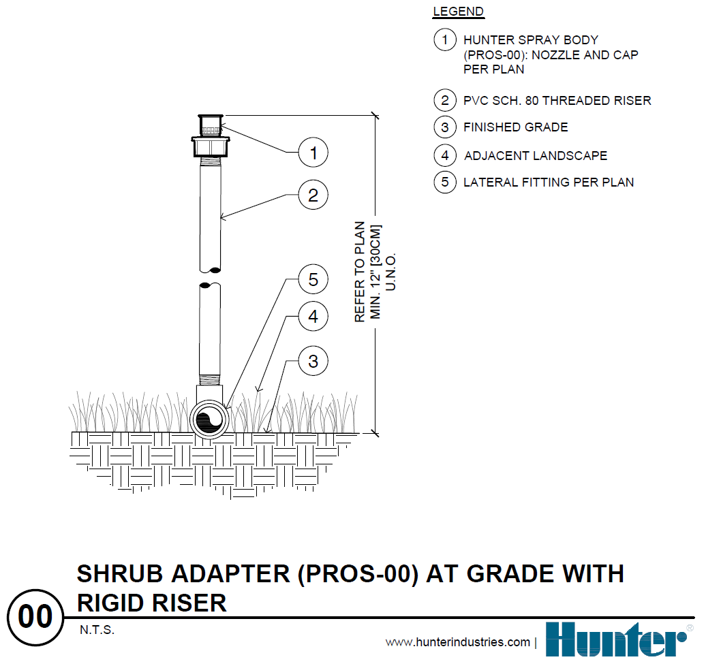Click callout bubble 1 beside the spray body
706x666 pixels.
click(x=313, y=153)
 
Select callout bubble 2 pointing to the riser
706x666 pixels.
click(x=313, y=196)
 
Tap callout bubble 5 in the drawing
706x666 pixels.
click(x=313, y=279)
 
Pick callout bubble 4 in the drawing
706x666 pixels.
click(x=313, y=317)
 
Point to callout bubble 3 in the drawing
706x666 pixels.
click(x=313, y=360)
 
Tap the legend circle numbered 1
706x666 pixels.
click(x=445, y=40)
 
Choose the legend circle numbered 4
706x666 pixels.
click(x=445, y=155)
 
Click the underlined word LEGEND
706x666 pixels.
click(x=458, y=12)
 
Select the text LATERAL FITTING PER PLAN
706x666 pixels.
click(x=549, y=183)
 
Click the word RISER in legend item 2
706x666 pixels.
click(x=631, y=101)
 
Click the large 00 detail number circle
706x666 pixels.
click(x=35, y=617)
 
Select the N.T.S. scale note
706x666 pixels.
click(x=97, y=630)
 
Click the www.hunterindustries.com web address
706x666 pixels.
click(x=457, y=642)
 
